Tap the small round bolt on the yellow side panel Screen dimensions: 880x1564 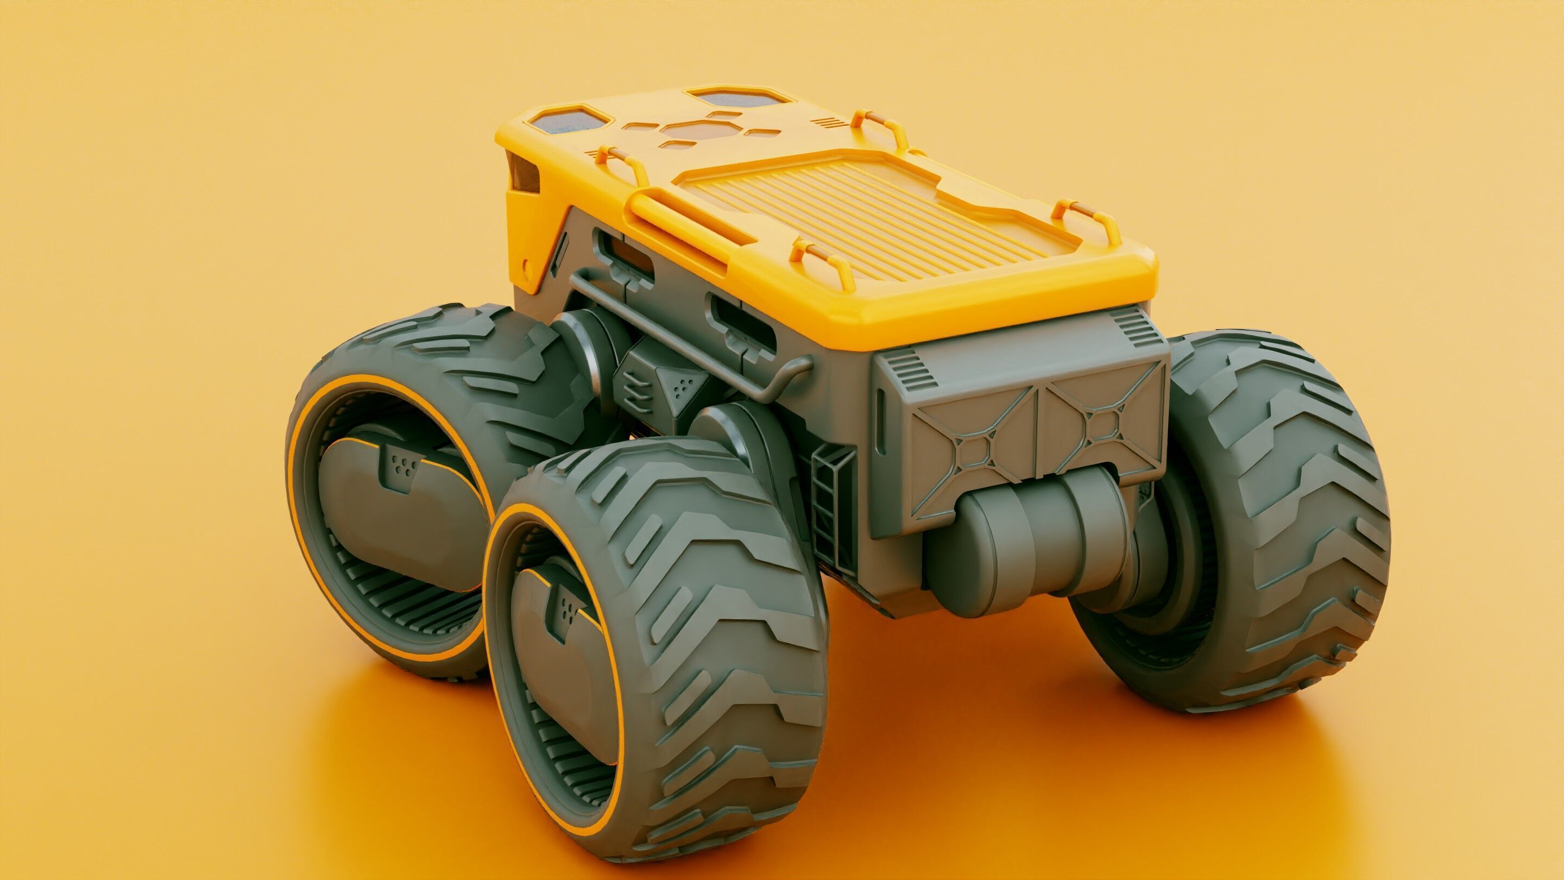(x=526, y=266)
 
